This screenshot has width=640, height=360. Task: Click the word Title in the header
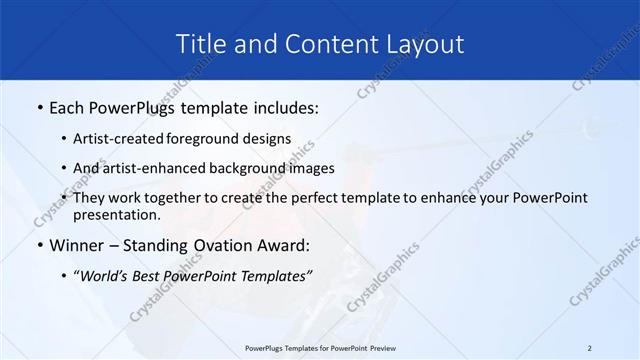pyautogui.click(x=199, y=44)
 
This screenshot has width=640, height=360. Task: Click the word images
pyautogui.click(x=311, y=169)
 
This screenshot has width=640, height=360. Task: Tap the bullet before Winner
pyautogui.click(x=38, y=246)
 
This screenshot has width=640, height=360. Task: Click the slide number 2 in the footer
pyautogui.click(x=590, y=347)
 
